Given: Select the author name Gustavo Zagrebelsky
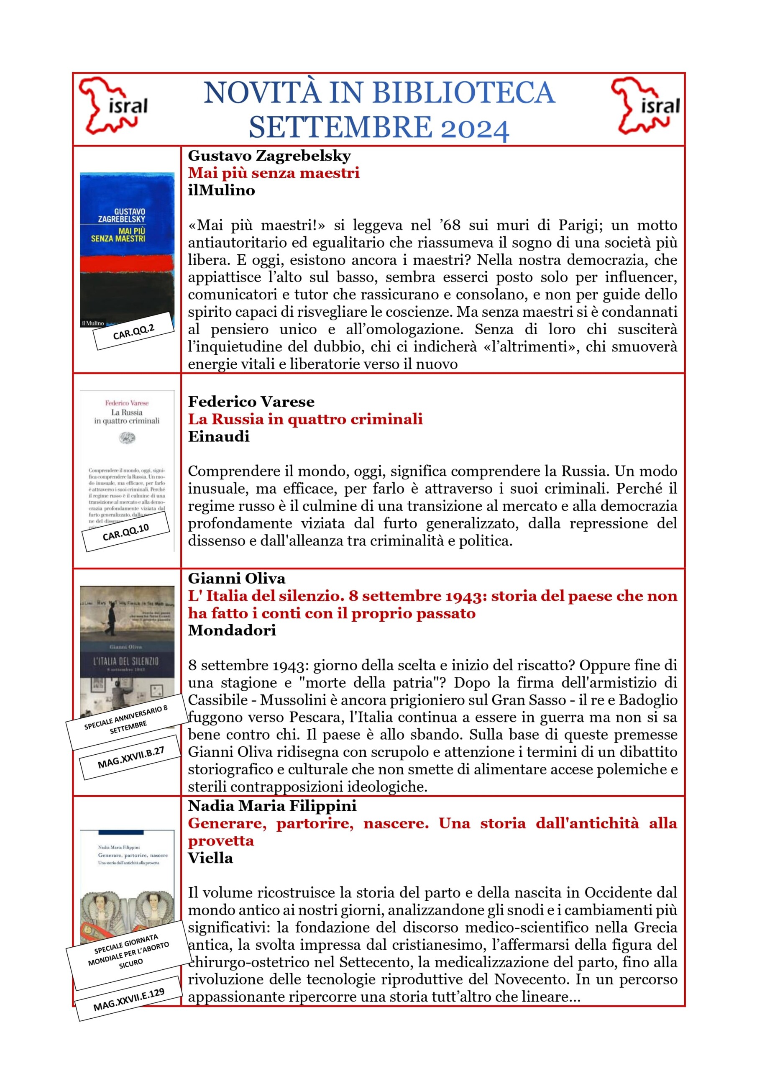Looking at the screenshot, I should (x=269, y=156).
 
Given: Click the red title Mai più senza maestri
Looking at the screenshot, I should (x=274, y=173).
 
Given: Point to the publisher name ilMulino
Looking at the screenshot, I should (x=221, y=190).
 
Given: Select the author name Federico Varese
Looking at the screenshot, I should (x=251, y=402).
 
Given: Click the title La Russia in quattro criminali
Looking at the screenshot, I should (x=305, y=419).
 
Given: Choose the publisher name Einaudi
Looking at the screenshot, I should (x=218, y=437).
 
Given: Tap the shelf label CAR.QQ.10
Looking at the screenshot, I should (x=125, y=532).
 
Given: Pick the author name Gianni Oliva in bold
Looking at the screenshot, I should (x=236, y=579).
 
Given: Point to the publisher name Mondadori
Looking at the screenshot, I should (x=232, y=630).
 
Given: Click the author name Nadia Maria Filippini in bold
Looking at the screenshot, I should (x=272, y=806).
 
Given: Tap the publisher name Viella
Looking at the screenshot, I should (x=210, y=858).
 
